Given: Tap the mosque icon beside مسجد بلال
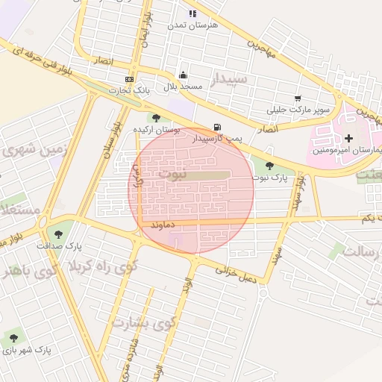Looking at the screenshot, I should coord(184,75).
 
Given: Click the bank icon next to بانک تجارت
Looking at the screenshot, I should coord(130,79).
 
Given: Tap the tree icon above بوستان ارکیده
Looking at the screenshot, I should coord(156,118).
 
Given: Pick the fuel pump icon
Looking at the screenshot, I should coord(217,127).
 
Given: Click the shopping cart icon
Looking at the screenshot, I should coord(298,98).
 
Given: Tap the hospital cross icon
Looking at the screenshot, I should coord(348,138).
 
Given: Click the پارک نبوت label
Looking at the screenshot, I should coord(269,177).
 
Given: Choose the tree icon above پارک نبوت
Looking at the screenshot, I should coord(269,165).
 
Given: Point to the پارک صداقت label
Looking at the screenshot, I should coord(83,245).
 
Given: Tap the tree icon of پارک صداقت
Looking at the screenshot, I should coord(59,234).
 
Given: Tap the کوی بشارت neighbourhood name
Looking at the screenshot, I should coord(143,322).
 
